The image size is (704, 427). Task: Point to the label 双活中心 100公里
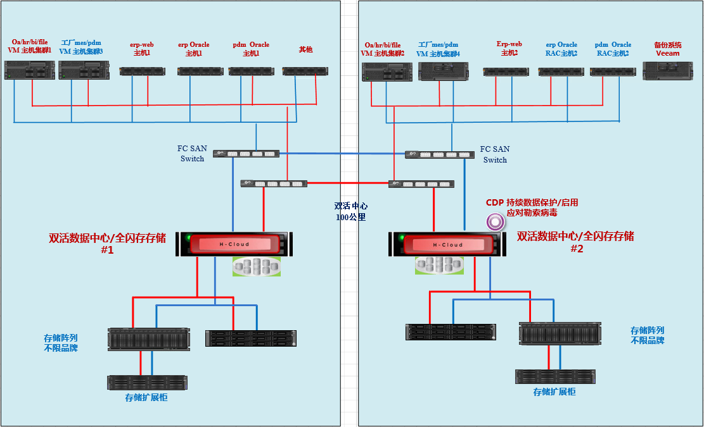[x=350, y=211]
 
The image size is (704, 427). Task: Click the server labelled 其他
[x=305, y=71]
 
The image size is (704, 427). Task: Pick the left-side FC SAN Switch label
[x=192, y=154]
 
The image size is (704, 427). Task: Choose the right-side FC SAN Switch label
[x=495, y=154]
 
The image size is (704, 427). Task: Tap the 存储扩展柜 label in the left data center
[x=146, y=397]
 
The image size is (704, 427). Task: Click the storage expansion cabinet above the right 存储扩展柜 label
[x=555, y=376]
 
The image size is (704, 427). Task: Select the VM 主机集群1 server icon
[x=29, y=70]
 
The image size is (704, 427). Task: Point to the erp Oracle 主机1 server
[x=200, y=71]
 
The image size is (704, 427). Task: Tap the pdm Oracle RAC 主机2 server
[x=613, y=72]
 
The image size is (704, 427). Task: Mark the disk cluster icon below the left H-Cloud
[x=256, y=266]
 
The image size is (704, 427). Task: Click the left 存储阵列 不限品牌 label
[x=61, y=342]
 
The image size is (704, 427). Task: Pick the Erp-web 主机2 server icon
[x=506, y=72]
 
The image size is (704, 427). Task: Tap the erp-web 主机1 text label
[x=142, y=49]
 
